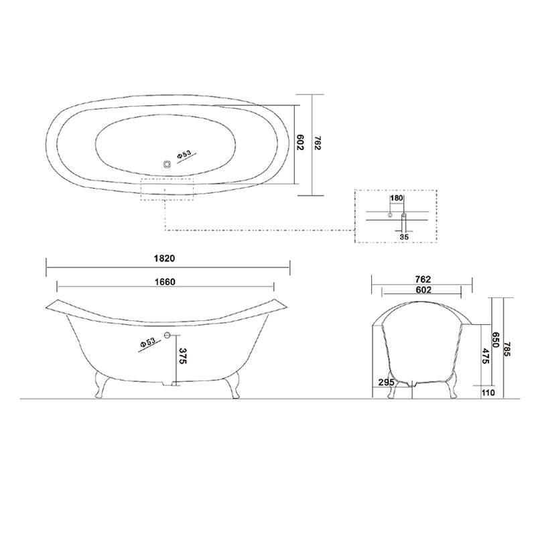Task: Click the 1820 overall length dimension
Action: click(167, 257)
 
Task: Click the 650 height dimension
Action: click(496, 340)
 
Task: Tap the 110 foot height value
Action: click(487, 393)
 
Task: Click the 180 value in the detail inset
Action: click(396, 198)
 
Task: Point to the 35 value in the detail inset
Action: click(403, 237)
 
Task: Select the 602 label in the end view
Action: click(423, 290)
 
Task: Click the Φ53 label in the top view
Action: click(184, 155)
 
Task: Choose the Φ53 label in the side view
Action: click(148, 342)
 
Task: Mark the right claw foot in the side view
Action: click(234, 385)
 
